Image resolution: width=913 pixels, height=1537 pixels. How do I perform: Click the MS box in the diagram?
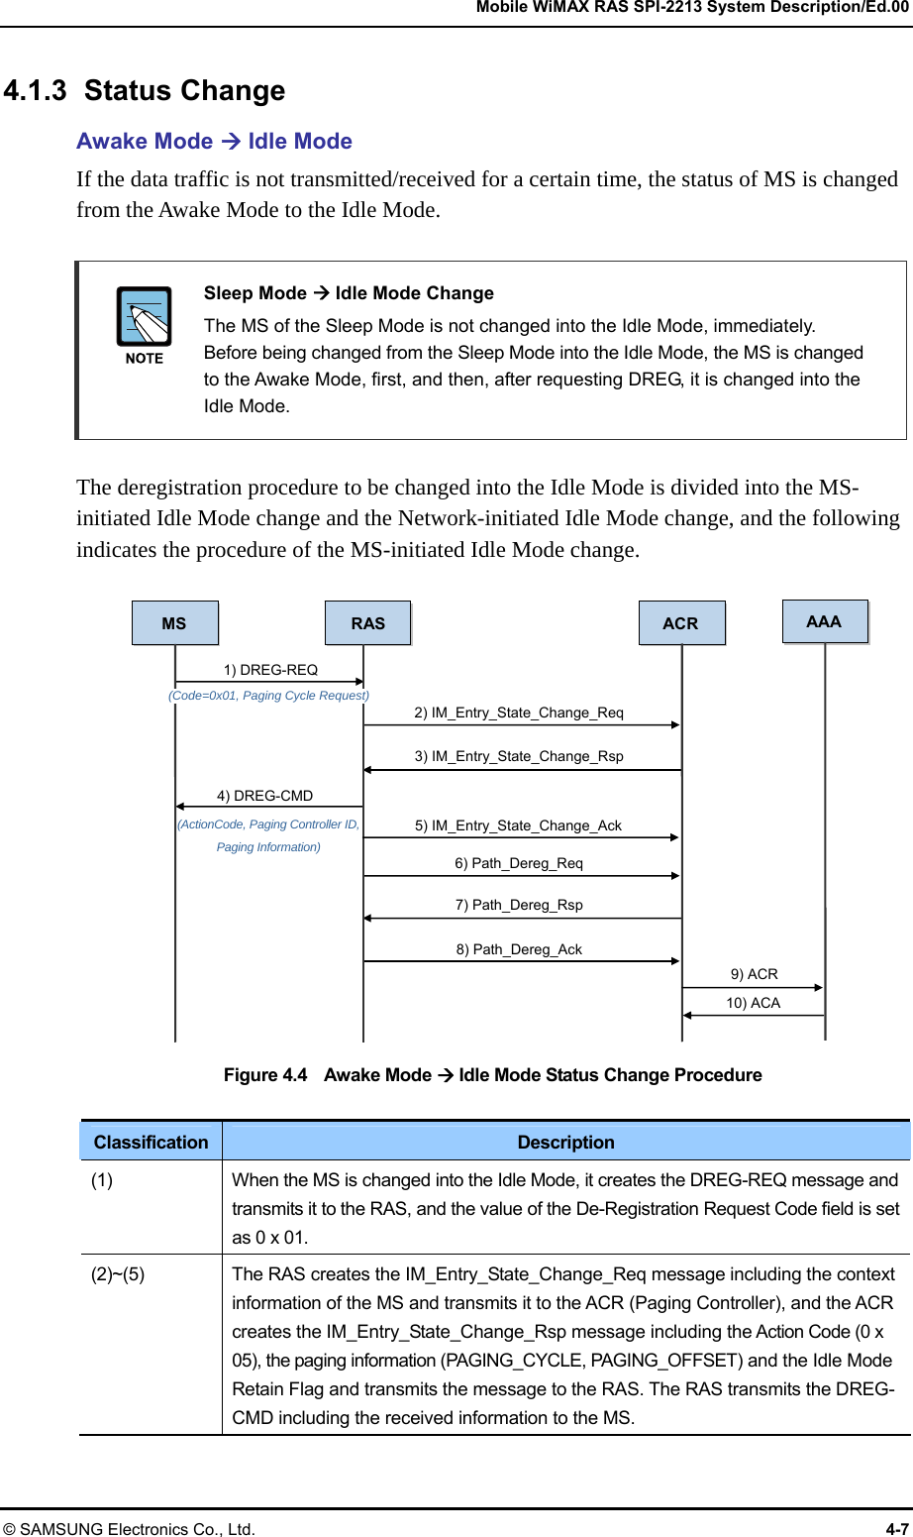174,623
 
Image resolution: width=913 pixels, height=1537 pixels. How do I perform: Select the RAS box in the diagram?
367,623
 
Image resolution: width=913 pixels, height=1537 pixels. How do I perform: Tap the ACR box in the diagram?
680,623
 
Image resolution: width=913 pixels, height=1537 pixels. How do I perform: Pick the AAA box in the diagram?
824,621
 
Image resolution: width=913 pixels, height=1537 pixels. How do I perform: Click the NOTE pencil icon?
145,318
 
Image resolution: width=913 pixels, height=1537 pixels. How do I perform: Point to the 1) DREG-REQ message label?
270,670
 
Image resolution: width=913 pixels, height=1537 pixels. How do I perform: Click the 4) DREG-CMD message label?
264,796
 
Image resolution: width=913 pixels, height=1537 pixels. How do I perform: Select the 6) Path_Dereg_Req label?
519,863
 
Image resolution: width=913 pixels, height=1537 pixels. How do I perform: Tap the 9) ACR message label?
754,974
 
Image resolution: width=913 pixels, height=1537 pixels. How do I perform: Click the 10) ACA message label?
753,1003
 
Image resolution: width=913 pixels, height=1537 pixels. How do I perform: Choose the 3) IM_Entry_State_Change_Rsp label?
519,756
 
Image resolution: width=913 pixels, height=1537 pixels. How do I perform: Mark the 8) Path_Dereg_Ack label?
519,949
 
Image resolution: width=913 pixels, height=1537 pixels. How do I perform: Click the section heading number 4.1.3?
35,91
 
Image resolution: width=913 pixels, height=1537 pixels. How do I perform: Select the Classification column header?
151,1142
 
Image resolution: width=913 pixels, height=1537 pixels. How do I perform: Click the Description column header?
565,1142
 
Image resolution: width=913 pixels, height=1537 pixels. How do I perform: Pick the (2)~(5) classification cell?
118,1274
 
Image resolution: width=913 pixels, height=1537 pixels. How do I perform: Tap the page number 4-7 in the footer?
896,1528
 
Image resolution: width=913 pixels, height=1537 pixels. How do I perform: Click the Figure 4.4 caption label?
265,1075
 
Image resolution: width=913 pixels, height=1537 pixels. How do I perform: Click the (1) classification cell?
102,1180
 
